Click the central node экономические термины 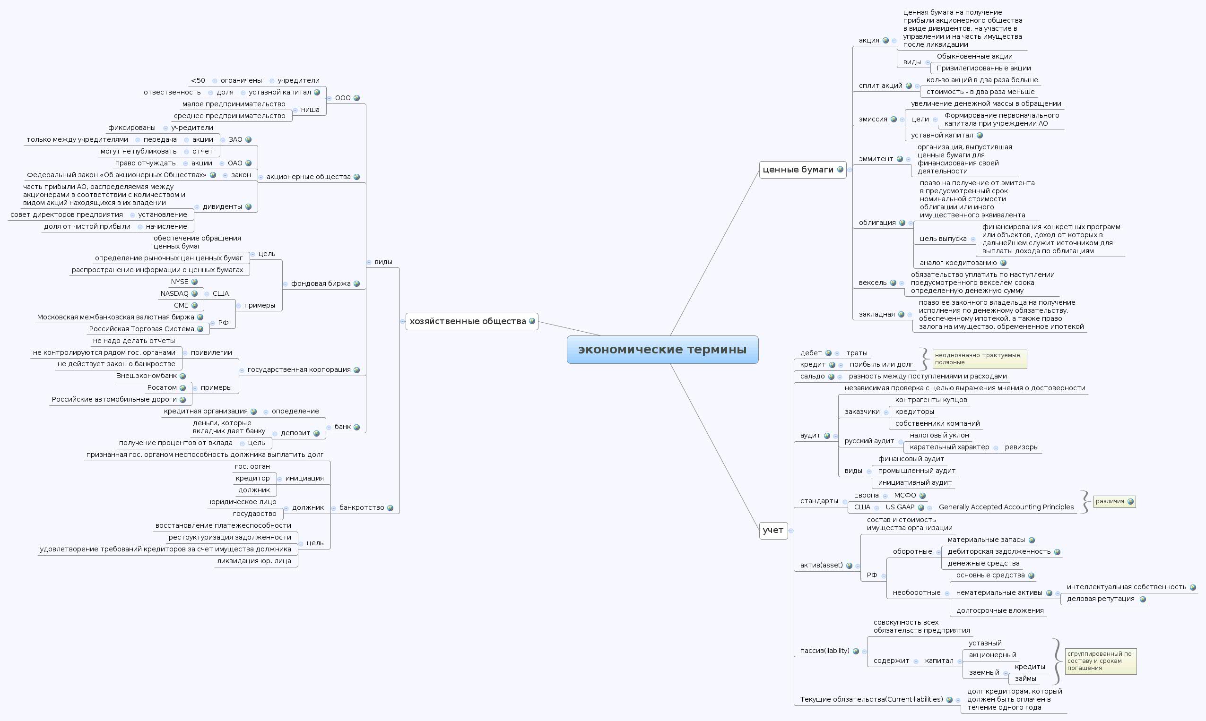(662, 349)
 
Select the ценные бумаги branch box (798, 170)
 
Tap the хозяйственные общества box (467, 321)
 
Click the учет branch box (773, 530)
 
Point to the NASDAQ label (174, 293)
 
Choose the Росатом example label (162, 388)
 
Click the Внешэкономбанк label (146, 376)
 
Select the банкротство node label (361, 508)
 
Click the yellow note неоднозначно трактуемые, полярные (979, 359)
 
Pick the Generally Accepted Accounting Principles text (1006, 507)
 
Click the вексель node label (873, 283)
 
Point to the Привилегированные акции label (983, 68)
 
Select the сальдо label (812, 376)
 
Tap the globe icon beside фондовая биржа (357, 284)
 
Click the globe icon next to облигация (902, 223)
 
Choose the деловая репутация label (1101, 599)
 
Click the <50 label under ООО (198, 81)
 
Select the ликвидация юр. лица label (254, 561)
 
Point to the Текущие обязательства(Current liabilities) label (871, 700)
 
